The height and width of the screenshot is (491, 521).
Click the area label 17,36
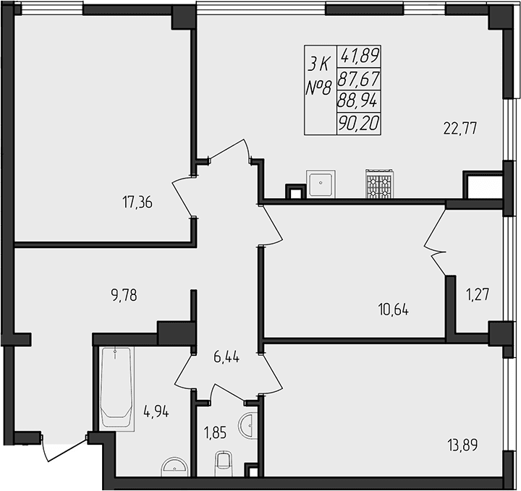pos(137,202)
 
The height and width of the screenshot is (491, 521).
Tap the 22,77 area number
pos(462,130)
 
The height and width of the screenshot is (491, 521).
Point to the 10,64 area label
pos(392,310)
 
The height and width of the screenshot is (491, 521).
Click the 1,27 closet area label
pos(476,294)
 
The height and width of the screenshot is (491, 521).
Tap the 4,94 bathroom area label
pos(156,413)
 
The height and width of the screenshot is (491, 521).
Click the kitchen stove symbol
pos(378,184)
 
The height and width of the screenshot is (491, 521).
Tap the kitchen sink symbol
pos(320,184)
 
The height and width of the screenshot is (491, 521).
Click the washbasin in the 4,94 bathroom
pos(173,466)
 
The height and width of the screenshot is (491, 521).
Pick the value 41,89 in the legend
pos(365,56)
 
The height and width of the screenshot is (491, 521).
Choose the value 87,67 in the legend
pos(365,78)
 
